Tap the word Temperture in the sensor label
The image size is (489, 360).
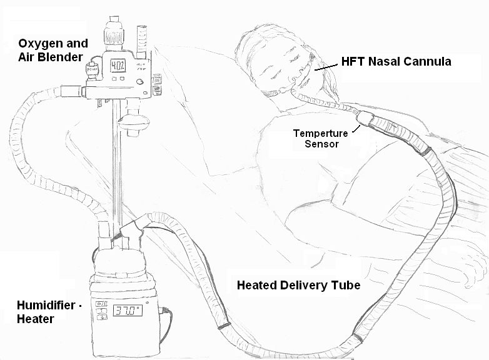[320, 133]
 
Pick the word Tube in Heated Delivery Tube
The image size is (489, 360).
[348, 286]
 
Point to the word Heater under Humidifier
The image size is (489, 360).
[36, 319]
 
